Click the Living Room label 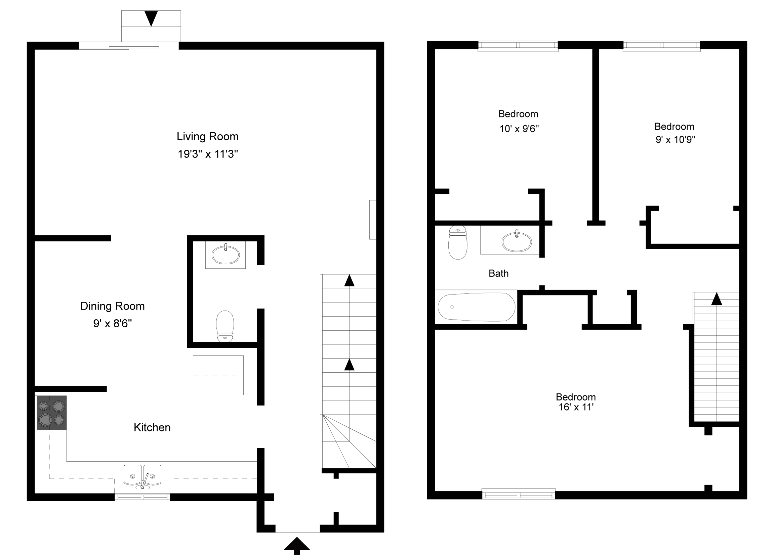tap(208, 137)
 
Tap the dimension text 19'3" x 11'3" tap(208, 154)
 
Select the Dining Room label tap(112, 306)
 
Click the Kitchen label tap(152, 427)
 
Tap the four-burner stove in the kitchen tap(51, 413)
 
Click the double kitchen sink tap(142, 475)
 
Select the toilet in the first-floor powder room tap(225, 326)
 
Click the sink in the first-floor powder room tap(226, 255)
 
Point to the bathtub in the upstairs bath tap(476, 307)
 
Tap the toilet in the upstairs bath tap(458, 242)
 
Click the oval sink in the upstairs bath tap(517, 242)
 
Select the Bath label tap(498, 274)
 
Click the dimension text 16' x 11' tap(576, 407)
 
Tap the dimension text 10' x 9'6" tap(519, 129)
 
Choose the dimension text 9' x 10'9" tap(675, 140)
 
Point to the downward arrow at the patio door tap(151, 18)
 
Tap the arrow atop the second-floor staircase tap(717, 299)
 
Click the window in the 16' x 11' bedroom tap(519, 495)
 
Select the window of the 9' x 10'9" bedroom tap(661, 46)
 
